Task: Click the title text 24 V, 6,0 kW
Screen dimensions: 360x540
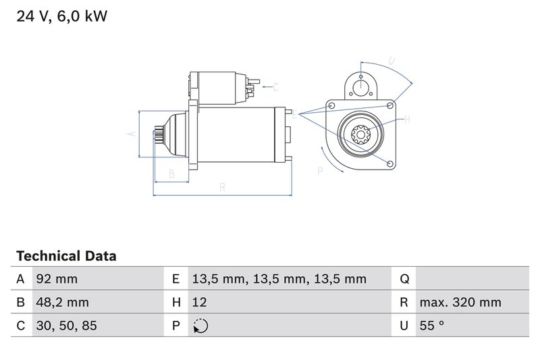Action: tap(61, 16)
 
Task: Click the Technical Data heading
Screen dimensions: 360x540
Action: tap(66, 257)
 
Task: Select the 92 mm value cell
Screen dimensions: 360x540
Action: tap(56, 279)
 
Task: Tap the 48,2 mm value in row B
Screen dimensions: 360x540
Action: tap(61, 302)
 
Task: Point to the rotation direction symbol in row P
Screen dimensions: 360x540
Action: tap(200, 326)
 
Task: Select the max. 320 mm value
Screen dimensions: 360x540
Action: tap(460, 302)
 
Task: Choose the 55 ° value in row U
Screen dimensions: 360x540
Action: tap(431, 326)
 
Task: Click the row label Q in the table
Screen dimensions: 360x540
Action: tap(404, 279)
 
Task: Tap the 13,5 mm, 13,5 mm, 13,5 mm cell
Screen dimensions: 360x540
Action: tap(278, 279)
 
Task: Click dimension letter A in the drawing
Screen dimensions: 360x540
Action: tap(133, 134)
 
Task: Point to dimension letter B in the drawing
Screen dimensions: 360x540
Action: tap(171, 174)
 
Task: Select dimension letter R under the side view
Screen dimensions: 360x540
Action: tap(222, 188)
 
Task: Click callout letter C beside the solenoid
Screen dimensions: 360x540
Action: tap(275, 87)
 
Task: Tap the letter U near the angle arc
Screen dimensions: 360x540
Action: tap(392, 61)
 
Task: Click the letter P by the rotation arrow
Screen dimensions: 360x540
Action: tap(320, 172)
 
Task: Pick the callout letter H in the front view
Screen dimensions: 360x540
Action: tap(407, 120)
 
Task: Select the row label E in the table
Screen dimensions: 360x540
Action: tap(175, 279)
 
